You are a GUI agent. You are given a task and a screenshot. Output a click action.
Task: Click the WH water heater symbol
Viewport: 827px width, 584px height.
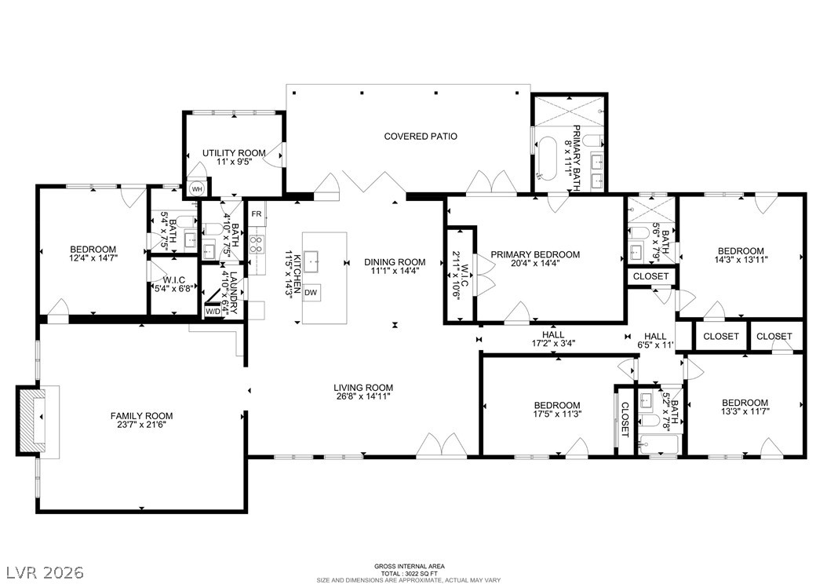coord(195,189)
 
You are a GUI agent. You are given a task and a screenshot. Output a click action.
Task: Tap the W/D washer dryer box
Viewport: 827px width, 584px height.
coord(213,312)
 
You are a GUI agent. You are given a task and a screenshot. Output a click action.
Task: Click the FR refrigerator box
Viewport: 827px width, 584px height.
coord(256,214)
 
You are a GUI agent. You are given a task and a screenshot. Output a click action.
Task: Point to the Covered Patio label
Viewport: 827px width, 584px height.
coord(421,137)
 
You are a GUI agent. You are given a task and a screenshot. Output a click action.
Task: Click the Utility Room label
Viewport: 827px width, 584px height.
coord(234,153)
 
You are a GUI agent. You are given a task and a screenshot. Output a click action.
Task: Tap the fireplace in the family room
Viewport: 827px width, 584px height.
coord(34,419)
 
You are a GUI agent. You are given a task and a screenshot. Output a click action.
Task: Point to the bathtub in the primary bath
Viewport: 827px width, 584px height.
coord(545,157)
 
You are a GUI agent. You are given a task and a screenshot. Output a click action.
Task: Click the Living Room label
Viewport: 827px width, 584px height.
coord(362,388)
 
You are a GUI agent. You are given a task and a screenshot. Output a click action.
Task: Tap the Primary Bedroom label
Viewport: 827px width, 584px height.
coord(535,254)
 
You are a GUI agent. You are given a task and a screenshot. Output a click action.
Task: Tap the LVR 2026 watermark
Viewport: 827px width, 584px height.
coord(46,571)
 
